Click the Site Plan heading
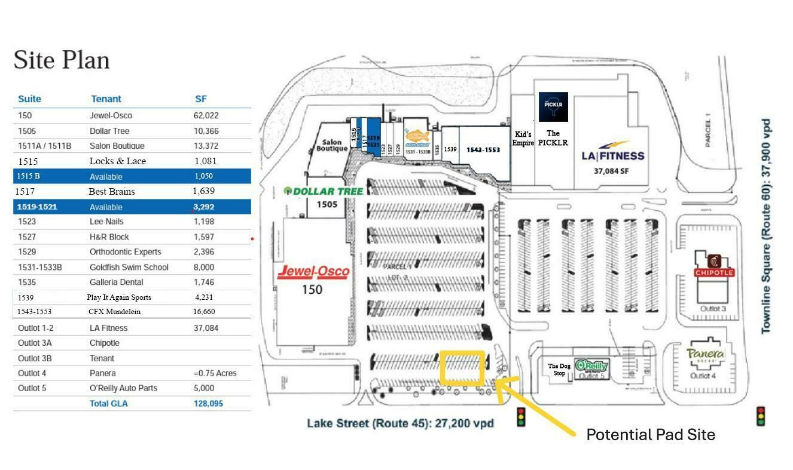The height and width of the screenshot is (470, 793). click(62, 60)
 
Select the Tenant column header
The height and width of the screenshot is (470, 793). click(106, 99)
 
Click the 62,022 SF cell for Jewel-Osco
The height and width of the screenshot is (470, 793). click(206, 115)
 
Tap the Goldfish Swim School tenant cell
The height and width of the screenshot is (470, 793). click(129, 267)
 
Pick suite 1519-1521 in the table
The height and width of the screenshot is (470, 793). click(36, 207)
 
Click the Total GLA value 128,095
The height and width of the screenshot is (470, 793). click(208, 404)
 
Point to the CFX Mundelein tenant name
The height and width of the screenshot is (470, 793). click(115, 312)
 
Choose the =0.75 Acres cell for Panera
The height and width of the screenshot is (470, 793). click(215, 373)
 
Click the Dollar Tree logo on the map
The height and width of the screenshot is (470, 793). click(324, 191)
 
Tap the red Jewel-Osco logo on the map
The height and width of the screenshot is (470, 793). click(313, 272)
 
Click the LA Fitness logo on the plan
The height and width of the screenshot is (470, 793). click(613, 152)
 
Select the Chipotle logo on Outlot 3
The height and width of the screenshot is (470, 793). click(713, 266)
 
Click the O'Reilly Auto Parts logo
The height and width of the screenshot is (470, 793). click(591, 366)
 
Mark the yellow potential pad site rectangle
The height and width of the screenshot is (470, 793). click(462, 368)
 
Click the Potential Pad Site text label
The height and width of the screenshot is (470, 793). click(650, 435)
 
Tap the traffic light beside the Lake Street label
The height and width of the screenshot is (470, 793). click(521, 416)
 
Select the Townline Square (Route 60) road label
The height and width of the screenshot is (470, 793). click(766, 226)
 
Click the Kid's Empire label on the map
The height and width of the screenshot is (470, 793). click(523, 139)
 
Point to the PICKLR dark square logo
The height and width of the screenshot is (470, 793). click(553, 107)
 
